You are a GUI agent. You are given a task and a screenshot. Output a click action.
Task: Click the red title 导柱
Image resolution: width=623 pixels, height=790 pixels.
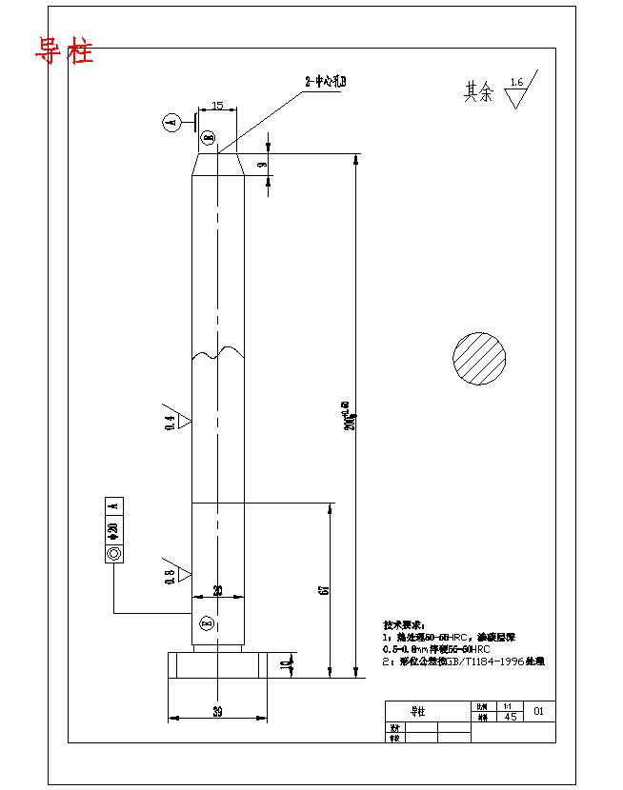point(65,51)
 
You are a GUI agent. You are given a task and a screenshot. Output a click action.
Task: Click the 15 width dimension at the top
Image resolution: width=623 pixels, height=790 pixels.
point(217,107)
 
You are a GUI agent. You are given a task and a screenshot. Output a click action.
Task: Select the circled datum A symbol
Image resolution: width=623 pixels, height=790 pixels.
point(171,122)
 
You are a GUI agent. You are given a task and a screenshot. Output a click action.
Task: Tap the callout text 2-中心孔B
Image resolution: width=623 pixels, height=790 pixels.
point(325,83)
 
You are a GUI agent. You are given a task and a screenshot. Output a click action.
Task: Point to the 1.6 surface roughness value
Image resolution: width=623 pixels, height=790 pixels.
point(516,83)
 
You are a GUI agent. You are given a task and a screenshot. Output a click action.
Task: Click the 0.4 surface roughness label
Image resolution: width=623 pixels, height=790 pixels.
point(171,423)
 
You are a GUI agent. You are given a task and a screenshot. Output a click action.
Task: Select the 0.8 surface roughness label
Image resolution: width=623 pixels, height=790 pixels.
point(171,575)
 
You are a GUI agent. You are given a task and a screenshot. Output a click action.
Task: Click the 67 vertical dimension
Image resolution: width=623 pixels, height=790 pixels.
point(323,590)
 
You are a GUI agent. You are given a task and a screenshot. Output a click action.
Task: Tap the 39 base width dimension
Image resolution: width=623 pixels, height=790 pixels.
point(217,712)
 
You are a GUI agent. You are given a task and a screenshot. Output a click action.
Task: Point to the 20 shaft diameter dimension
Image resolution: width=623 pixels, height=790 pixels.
point(217,591)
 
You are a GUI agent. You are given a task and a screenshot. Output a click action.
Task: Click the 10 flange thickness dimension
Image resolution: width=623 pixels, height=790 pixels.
point(287,664)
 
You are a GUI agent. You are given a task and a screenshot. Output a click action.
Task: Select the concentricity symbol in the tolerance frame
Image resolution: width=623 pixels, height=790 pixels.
point(114,553)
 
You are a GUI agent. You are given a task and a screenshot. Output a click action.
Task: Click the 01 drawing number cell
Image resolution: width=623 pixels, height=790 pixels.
point(539,711)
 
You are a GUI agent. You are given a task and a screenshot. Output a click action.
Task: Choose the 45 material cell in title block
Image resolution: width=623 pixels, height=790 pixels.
point(511,717)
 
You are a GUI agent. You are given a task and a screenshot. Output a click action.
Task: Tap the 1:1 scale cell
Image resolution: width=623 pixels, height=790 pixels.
point(507,706)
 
